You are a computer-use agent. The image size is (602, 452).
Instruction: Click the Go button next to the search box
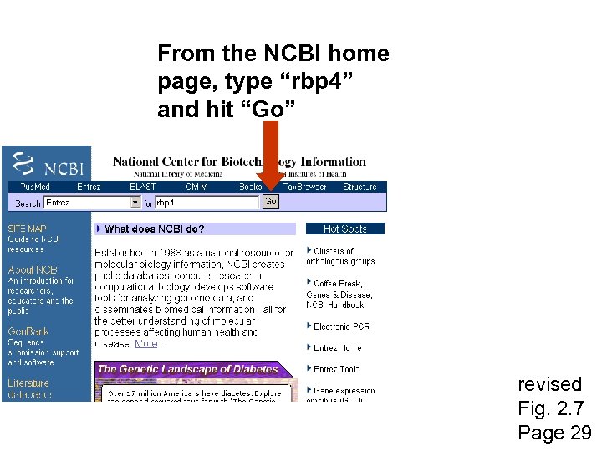pyautogui.click(x=270, y=202)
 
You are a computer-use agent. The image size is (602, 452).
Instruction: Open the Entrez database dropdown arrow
pyautogui.click(x=135, y=203)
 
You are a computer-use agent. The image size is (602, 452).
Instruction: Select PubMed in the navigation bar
pyautogui.click(x=35, y=187)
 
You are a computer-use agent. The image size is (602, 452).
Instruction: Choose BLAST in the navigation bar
pyautogui.click(x=142, y=187)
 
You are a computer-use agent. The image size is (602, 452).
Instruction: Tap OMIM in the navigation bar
pyautogui.click(x=197, y=187)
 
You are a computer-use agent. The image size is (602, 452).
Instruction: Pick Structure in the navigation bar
pyautogui.click(x=360, y=187)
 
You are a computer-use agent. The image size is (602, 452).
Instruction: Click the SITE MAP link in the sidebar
pyautogui.click(x=28, y=229)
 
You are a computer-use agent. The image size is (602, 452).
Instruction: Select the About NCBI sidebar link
pyautogui.click(x=33, y=270)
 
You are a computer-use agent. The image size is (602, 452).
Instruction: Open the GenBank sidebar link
pyautogui.click(x=28, y=331)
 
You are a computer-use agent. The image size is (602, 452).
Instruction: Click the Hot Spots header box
pyautogui.click(x=344, y=229)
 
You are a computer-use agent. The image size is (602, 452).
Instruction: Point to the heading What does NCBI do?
pyautogui.click(x=155, y=229)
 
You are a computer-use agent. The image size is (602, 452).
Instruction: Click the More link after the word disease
pyautogui.click(x=146, y=343)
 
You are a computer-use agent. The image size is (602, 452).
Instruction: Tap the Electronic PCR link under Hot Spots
pyautogui.click(x=341, y=326)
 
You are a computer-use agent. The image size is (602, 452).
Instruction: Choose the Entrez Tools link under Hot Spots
pyautogui.click(x=336, y=369)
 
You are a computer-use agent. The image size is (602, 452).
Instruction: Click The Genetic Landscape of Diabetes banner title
pyautogui.click(x=187, y=368)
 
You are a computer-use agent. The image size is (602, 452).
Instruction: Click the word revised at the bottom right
pyautogui.click(x=549, y=384)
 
